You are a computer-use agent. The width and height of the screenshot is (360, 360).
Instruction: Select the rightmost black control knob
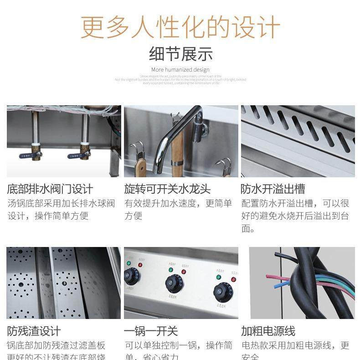(223, 292)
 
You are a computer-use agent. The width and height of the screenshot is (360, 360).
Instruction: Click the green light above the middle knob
(171, 270)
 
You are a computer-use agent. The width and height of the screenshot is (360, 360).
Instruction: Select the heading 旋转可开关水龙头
(167, 189)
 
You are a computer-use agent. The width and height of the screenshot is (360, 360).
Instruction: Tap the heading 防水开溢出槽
(273, 189)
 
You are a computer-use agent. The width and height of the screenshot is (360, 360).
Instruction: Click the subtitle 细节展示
(180, 54)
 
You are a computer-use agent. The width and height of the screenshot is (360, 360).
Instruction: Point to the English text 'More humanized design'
(180, 70)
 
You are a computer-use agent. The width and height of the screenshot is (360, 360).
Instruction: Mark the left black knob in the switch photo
(132, 276)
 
